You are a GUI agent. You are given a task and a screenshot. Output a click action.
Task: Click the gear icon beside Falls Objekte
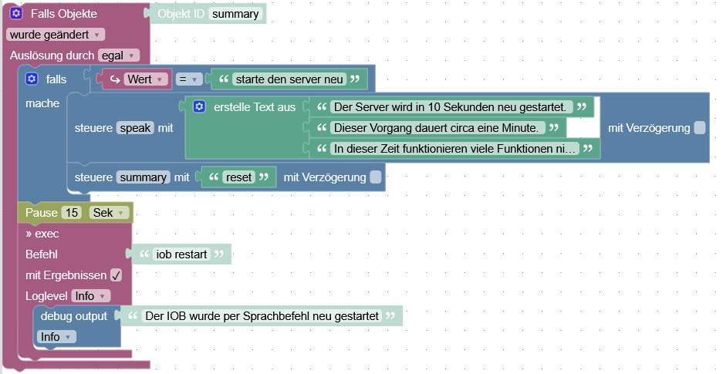15,14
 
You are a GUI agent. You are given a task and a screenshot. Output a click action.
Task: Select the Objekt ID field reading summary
236,14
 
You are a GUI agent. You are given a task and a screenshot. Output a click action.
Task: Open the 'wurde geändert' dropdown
55,34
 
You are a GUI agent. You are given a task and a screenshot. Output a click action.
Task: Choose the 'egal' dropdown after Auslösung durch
119,55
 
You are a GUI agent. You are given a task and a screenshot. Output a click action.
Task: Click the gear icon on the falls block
32,79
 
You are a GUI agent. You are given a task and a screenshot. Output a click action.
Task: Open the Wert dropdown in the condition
137,79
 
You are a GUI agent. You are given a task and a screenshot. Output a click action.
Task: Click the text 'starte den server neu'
289,79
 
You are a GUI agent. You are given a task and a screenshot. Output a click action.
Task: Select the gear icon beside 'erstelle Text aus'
199,106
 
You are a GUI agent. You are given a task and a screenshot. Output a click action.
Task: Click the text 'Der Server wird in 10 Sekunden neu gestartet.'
451,106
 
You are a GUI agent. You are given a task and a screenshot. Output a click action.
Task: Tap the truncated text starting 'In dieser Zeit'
454,148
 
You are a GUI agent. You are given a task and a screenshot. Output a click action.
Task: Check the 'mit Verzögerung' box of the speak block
699,128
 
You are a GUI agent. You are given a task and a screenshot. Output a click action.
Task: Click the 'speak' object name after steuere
136,128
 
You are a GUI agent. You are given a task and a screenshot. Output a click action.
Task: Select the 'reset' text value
238,177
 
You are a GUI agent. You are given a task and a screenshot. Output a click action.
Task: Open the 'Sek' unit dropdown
108,212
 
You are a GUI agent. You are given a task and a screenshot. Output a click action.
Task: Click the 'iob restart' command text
182,254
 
